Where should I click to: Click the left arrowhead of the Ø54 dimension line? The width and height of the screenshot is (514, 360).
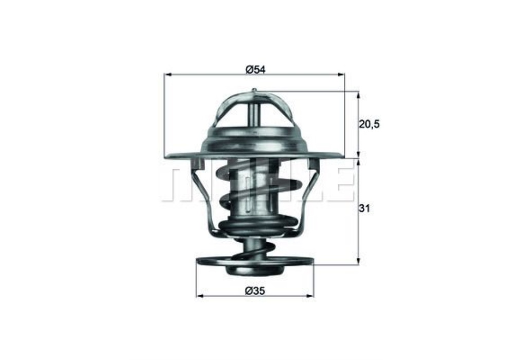coord(167,75)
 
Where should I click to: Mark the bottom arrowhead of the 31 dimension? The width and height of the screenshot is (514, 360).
coord(358,262)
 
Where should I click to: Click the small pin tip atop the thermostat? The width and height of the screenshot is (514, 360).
coord(254,92)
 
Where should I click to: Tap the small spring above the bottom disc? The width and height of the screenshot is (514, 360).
coord(253,251)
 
